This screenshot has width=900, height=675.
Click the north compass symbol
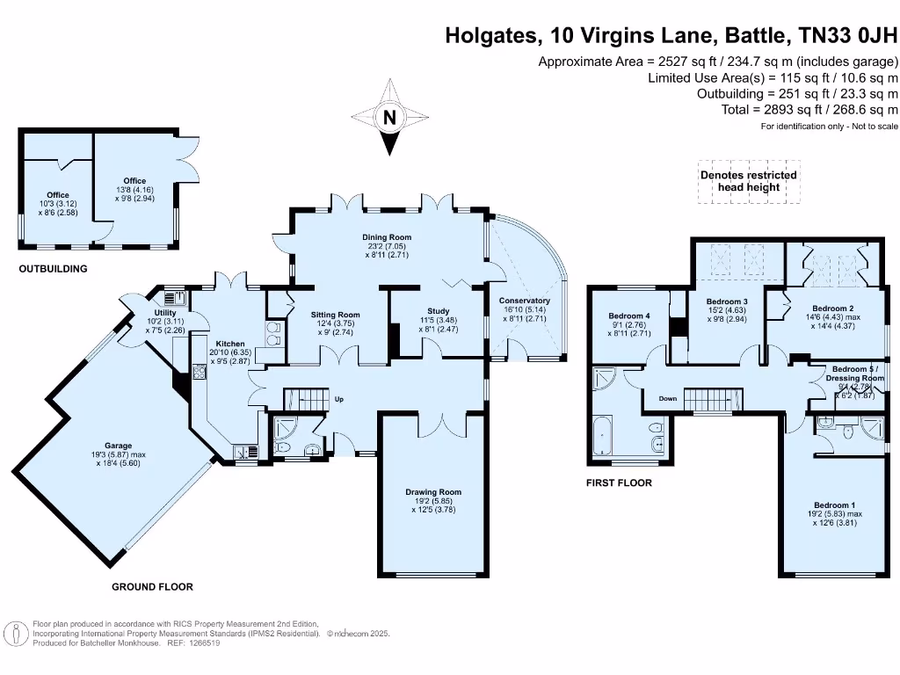click(x=388, y=117)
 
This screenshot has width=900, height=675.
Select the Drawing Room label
click(x=432, y=492)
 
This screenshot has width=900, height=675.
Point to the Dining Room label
click(x=387, y=237)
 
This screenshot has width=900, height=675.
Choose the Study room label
click(x=438, y=310)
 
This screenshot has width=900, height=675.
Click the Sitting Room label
click(x=336, y=314)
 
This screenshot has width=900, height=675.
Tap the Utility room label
click(x=165, y=313)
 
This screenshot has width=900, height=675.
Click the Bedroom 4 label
click(x=629, y=316)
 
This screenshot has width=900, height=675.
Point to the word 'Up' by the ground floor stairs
click(x=338, y=399)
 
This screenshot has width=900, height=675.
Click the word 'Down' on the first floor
click(x=668, y=398)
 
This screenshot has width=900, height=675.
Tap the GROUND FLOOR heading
click(x=152, y=586)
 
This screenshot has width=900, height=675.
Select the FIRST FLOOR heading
click(x=619, y=483)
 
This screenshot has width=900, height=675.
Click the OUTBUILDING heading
click(x=53, y=269)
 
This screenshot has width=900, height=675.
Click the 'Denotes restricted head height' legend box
click(x=748, y=181)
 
